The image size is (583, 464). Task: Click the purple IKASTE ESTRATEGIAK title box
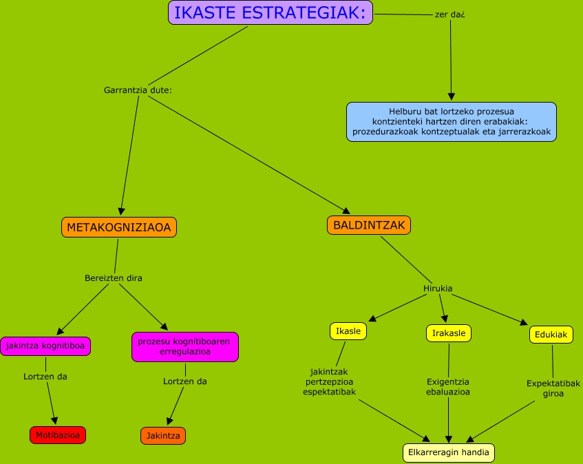pyautogui.click(x=270, y=12)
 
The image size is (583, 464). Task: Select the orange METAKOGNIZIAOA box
pyautogui.click(x=119, y=226)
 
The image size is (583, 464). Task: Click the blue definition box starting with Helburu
pyautogui.click(x=451, y=122)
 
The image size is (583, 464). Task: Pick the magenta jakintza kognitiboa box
pyautogui.click(x=45, y=346)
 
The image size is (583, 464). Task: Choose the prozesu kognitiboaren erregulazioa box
pyautogui.click(x=184, y=346)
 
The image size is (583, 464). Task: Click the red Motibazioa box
pyautogui.click(x=58, y=435)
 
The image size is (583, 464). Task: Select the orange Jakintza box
pyautogui.click(x=163, y=436)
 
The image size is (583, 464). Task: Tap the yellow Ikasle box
pyautogui.click(x=348, y=331)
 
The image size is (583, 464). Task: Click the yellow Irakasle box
pyautogui.click(x=449, y=333)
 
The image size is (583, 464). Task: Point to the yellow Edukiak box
pyautogui.click(x=551, y=335)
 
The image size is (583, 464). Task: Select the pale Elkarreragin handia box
pyautogui.click(x=449, y=452)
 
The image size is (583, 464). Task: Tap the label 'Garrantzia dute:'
pyautogui.click(x=137, y=90)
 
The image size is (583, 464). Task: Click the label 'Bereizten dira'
pyautogui.click(x=114, y=278)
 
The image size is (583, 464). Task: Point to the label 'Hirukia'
pyautogui.click(x=438, y=288)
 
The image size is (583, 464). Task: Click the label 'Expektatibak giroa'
pyautogui.click(x=553, y=388)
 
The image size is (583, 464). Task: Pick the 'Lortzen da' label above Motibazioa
pyautogui.click(x=45, y=377)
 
